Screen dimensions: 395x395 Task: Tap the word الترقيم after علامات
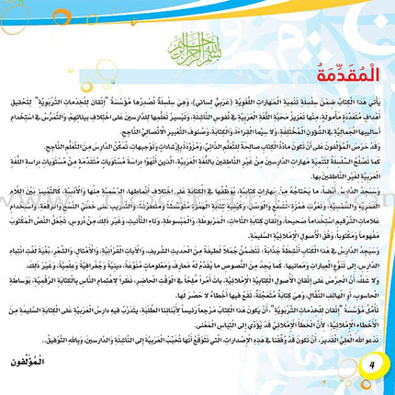coord(331,243)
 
